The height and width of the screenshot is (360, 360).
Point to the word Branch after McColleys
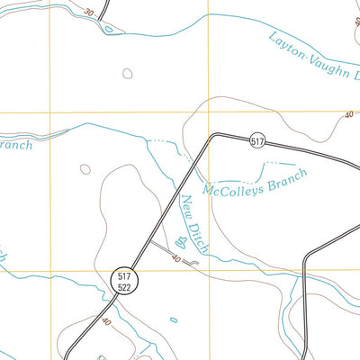tap(286, 175)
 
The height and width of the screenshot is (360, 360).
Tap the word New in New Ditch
tap(187, 206)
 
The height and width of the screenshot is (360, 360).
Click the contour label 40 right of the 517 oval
tap(347, 115)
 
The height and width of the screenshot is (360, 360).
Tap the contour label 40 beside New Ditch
tap(176, 259)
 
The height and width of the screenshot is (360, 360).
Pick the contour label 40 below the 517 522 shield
tap(107, 321)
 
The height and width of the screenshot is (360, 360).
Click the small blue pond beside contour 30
tap(109, 28)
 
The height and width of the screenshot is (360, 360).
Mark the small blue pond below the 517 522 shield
tap(174, 319)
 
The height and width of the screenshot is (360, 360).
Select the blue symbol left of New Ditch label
tap(183, 241)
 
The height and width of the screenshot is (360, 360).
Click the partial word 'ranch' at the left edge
tap(15, 145)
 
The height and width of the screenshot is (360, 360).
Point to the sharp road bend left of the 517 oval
tap(212, 137)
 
